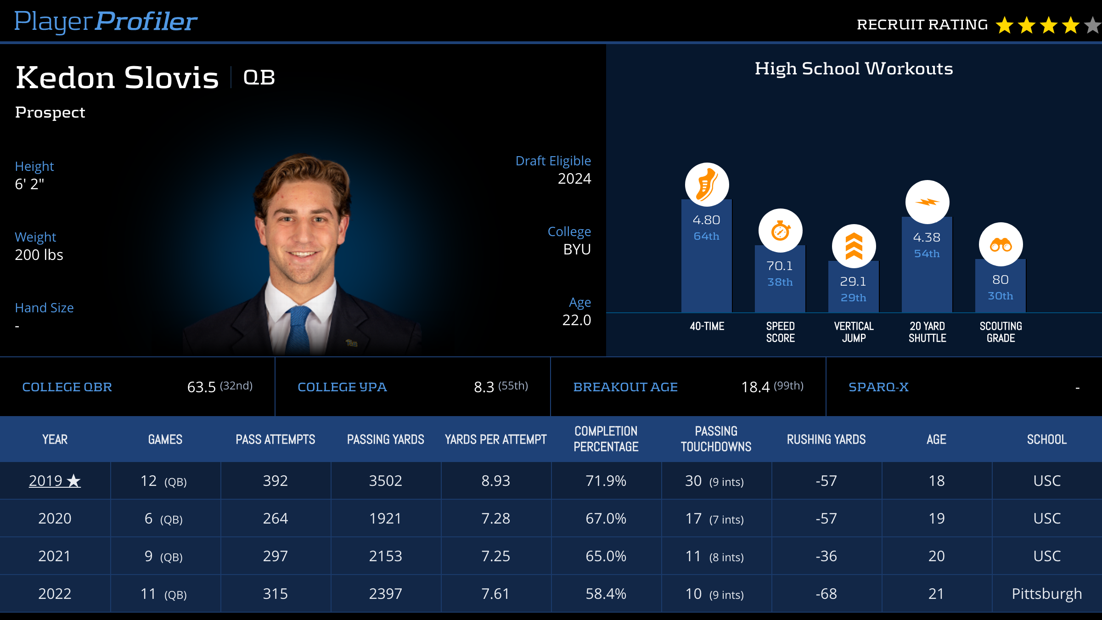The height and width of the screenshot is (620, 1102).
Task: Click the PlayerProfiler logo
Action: click(x=106, y=22)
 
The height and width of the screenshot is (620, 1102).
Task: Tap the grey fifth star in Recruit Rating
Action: click(x=1093, y=25)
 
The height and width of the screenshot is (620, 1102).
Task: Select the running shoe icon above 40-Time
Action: click(x=707, y=185)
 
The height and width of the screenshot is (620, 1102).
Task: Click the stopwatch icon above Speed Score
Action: click(x=780, y=231)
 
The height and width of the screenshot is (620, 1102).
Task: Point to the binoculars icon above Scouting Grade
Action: click(x=1001, y=245)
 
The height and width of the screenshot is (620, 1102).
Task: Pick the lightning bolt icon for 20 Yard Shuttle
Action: click(x=927, y=202)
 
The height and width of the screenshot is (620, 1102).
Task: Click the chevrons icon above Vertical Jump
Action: click(x=854, y=247)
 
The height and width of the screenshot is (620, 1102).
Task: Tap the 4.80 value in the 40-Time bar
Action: click(x=706, y=220)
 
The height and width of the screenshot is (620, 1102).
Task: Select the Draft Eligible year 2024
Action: click(x=574, y=179)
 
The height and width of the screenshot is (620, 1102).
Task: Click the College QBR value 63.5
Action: click(x=201, y=387)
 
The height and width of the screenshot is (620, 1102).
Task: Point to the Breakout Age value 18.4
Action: click(x=755, y=387)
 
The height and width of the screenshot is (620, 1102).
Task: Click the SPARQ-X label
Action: click(x=878, y=387)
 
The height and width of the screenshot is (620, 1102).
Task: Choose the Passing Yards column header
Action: click(x=385, y=440)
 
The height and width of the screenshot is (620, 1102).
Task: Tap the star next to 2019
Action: click(x=73, y=481)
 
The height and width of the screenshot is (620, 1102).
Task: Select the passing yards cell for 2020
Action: click(x=385, y=519)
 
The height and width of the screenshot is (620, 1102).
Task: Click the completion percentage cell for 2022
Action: click(x=606, y=594)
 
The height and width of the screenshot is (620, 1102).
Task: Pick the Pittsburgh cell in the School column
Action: click(x=1046, y=594)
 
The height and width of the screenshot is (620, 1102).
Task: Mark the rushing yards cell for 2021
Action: click(x=826, y=556)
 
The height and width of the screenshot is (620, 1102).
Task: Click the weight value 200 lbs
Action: click(x=39, y=255)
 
